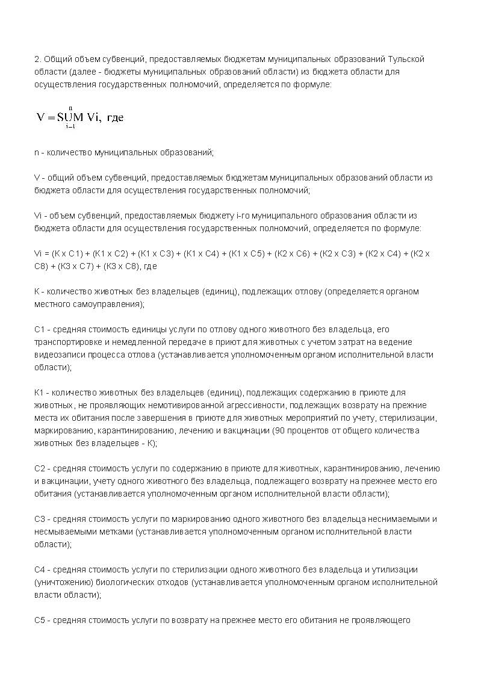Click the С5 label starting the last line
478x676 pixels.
click(x=40, y=620)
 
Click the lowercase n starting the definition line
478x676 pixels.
click(x=36, y=153)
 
